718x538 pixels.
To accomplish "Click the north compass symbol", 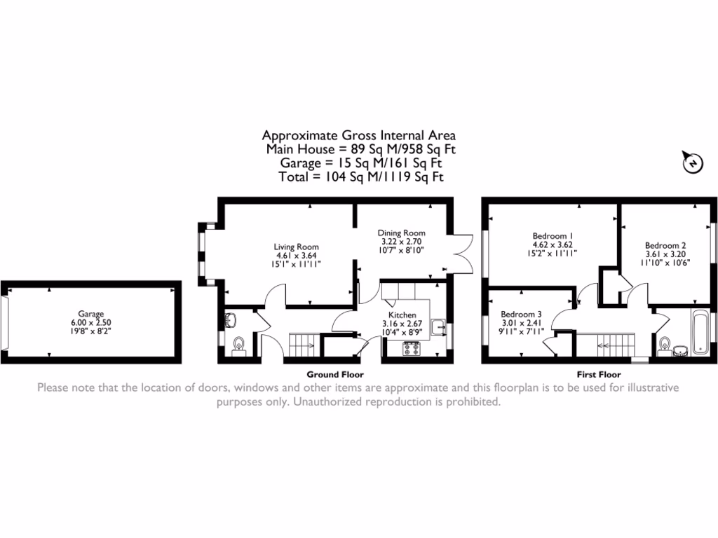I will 691,163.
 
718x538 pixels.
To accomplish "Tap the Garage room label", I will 90,315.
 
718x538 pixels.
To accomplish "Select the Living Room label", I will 296,247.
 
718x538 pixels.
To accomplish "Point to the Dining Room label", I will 401,233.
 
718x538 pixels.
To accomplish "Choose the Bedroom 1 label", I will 553,235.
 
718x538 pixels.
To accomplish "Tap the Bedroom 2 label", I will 665,245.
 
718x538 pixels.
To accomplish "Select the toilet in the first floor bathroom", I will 664,344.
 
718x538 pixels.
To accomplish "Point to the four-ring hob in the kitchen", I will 411,348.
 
